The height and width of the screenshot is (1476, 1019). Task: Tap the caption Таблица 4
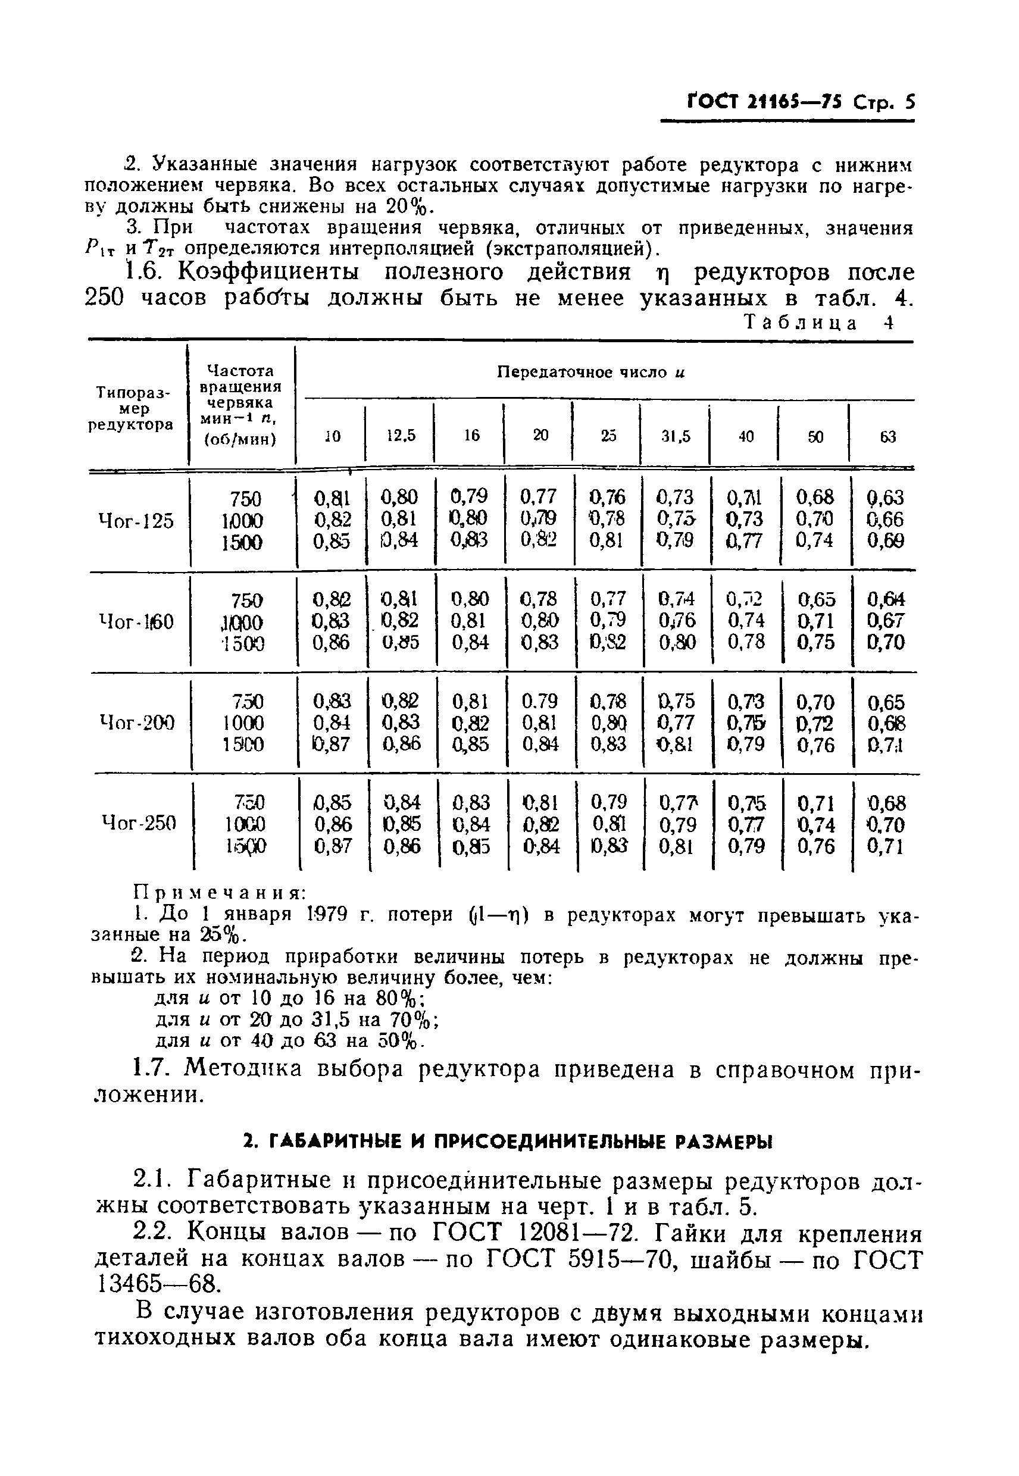[818, 323]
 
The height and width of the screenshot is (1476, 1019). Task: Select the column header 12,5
[401, 436]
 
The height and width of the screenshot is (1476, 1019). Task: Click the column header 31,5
[675, 437]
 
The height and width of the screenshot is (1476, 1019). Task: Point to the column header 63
[888, 437]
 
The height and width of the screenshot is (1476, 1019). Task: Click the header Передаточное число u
[590, 372]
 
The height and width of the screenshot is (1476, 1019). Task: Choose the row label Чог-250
[139, 823]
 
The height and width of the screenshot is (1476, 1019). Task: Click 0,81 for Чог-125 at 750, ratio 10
[332, 498]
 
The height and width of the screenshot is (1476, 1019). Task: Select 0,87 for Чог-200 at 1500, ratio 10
[332, 744]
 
